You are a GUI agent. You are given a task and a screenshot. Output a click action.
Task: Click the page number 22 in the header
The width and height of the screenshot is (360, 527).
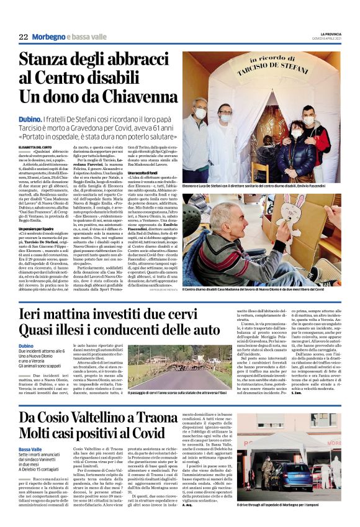click(24, 37)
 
